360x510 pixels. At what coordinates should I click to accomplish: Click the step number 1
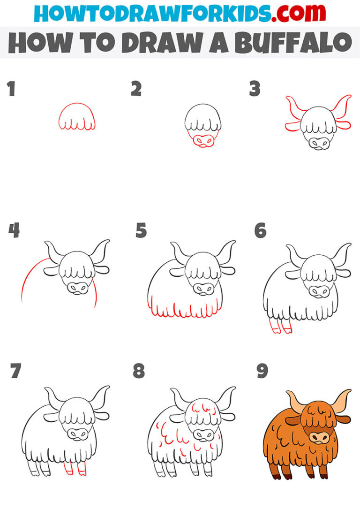11,89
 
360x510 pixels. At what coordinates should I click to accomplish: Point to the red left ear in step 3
293,125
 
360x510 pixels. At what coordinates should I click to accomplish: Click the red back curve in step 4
29,277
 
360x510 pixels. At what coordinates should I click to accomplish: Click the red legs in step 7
75,468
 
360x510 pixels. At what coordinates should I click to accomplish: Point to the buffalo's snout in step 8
204,434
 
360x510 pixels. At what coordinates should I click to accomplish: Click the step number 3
255,89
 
